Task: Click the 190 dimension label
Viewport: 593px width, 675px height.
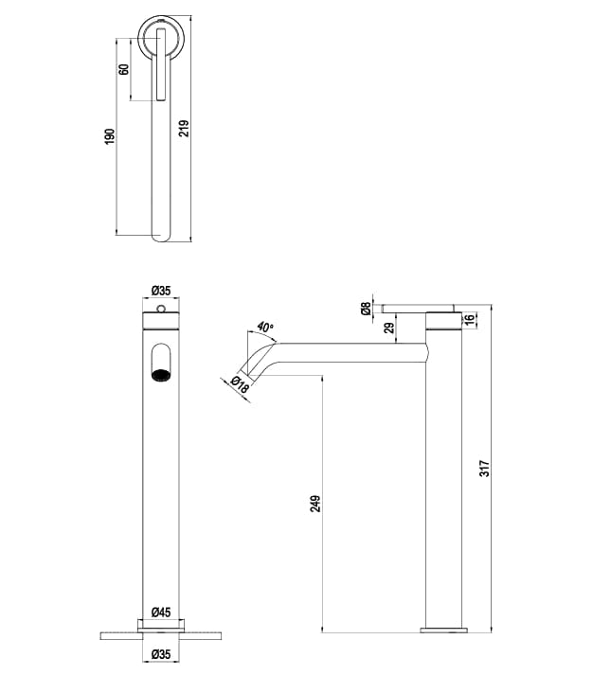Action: click(109, 136)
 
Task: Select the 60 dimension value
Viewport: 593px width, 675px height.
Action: click(124, 70)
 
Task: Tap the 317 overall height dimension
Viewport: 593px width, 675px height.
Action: click(484, 469)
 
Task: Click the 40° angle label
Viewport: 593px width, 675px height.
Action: click(266, 327)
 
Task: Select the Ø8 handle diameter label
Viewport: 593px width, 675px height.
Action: click(366, 308)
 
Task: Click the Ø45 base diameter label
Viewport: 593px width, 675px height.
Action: click(159, 612)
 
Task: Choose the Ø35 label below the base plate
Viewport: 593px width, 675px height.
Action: click(159, 653)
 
